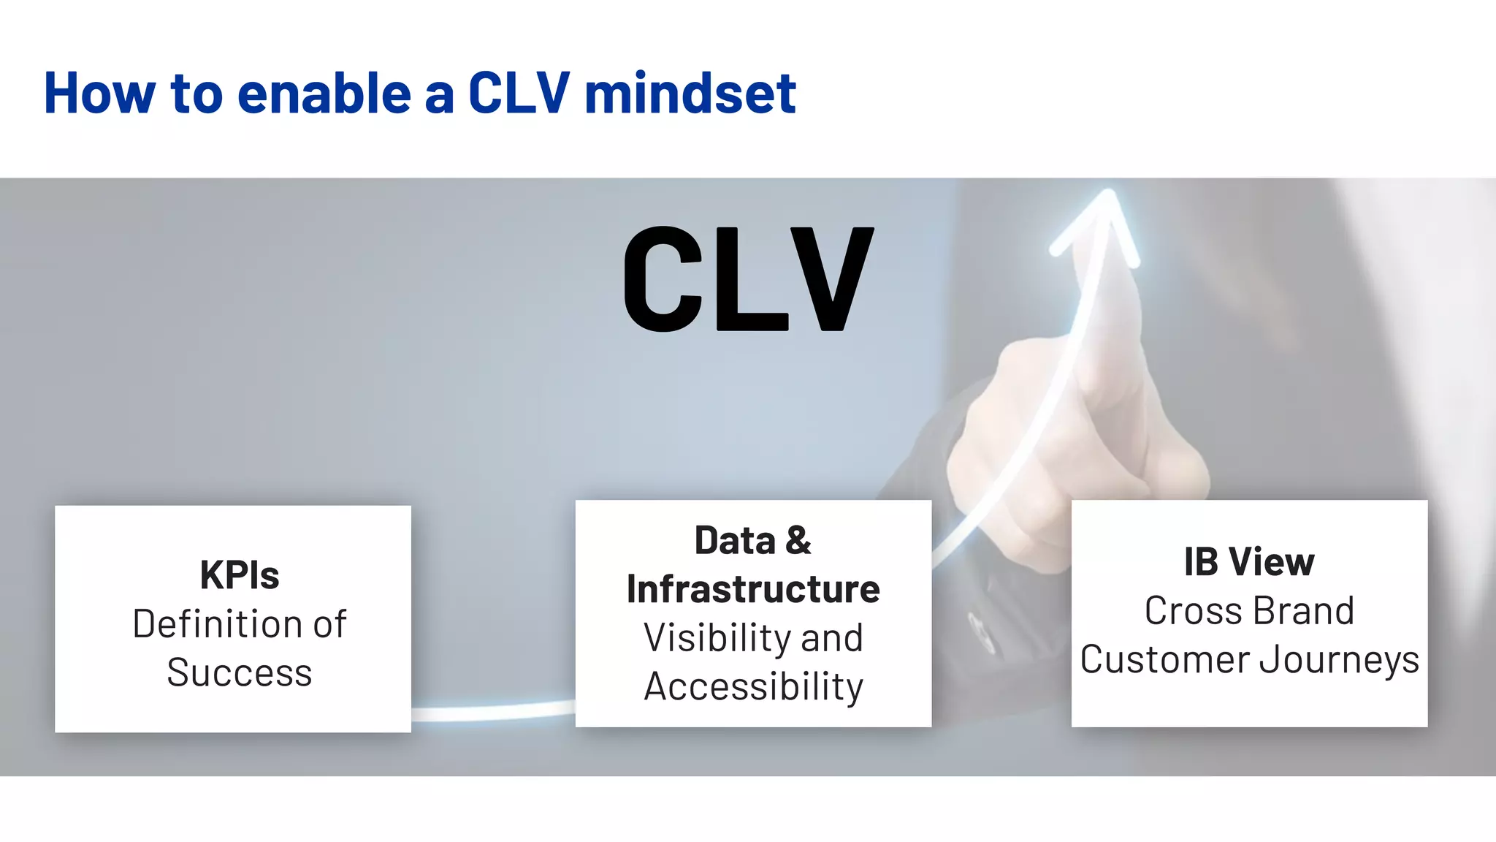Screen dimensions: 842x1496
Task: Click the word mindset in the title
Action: click(x=690, y=94)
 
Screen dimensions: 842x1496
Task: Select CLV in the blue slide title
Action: click(x=518, y=94)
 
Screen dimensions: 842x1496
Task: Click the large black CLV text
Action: click(x=748, y=279)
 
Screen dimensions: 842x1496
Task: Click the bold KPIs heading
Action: click(x=240, y=575)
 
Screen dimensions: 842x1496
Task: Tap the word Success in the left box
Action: click(x=240, y=672)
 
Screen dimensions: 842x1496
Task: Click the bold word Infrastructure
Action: click(x=753, y=589)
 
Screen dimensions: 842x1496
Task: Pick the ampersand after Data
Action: click(x=798, y=541)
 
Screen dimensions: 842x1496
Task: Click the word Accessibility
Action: click(x=753, y=687)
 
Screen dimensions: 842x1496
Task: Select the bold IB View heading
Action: click(x=1249, y=562)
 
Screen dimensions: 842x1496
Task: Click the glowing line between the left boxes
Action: click(x=493, y=710)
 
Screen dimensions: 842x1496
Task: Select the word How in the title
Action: click(x=100, y=94)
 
